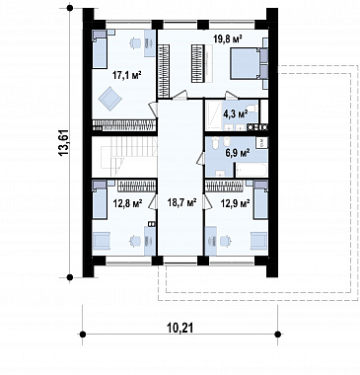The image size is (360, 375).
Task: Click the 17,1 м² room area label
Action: (127, 76)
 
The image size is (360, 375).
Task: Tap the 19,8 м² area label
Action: (228, 39)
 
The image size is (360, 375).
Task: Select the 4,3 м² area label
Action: (236, 113)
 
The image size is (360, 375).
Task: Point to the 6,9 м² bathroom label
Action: (237, 152)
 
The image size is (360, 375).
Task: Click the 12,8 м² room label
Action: (127, 204)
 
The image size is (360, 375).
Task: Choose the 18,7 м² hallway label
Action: (182, 202)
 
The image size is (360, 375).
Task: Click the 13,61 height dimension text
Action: (64, 143)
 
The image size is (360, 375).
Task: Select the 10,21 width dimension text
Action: (180, 327)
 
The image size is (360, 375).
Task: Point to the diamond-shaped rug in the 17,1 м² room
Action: (109, 98)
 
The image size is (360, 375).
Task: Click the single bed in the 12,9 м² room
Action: (260, 199)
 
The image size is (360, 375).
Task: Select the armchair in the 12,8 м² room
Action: (102, 241)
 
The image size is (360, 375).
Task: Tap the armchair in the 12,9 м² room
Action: (259, 241)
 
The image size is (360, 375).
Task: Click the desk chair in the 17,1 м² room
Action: (135, 42)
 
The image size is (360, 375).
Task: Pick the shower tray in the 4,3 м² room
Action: (213, 113)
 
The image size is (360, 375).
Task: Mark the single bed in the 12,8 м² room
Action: (100, 199)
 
